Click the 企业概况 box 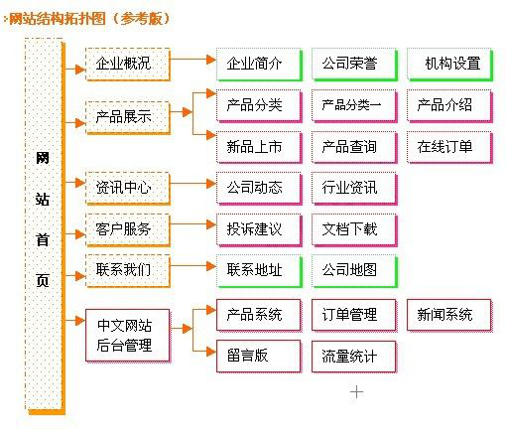124,64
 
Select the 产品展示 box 124,117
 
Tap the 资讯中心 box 124,186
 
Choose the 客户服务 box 124,228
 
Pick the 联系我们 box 124,269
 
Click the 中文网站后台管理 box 124,335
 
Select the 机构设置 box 451,64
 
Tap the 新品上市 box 254,147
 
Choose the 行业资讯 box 350,186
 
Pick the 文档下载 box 350,228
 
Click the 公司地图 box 350,269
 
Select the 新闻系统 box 445,315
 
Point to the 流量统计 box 350,355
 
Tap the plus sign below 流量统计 357,392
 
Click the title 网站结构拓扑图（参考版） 89,18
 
